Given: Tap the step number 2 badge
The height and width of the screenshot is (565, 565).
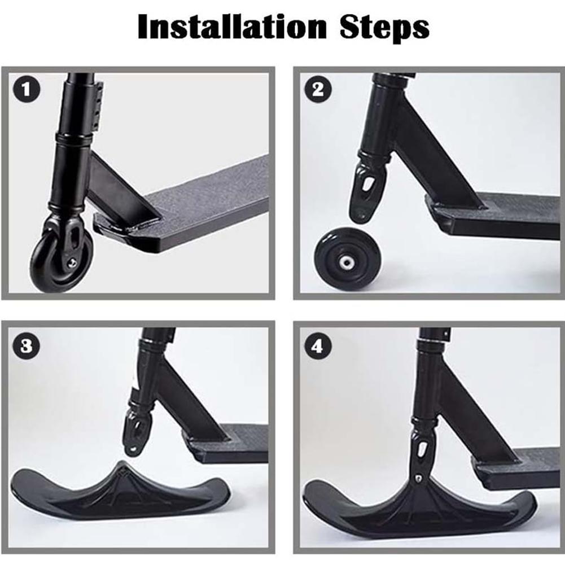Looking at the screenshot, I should point(318,90).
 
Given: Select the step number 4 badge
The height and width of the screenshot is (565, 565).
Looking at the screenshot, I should point(318,345).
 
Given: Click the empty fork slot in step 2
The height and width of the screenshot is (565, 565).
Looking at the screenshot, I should point(367,185).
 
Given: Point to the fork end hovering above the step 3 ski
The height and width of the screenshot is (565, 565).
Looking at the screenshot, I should point(135,435).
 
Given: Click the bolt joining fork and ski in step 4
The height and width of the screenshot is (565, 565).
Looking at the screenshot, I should point(419,478).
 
